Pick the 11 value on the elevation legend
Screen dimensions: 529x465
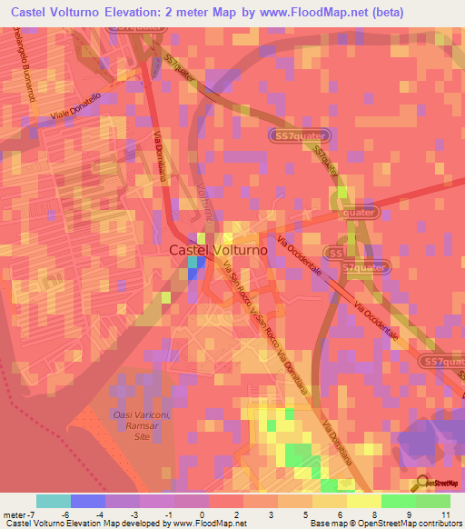444,514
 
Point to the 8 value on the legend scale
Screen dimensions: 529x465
374,514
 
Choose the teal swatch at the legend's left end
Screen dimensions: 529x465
54,501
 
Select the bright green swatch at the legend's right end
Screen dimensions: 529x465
433,501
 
